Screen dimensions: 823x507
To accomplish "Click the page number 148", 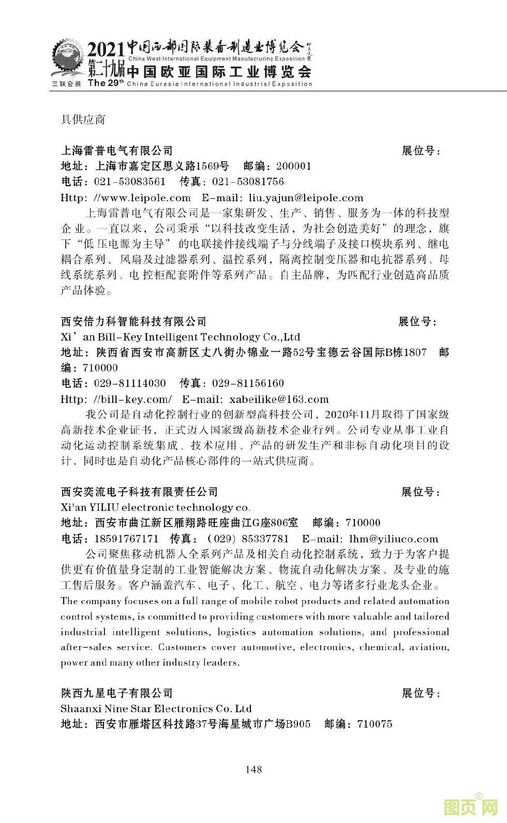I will [253, 769].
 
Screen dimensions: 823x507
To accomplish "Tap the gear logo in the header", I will [67, 61].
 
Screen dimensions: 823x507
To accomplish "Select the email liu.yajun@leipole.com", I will [306, 198].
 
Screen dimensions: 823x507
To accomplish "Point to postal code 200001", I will [294, 166].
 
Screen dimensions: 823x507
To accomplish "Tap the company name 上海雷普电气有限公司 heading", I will [117, 151].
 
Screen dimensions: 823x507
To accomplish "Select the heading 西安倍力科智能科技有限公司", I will [133, 322].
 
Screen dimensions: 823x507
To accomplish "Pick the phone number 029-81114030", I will [130, 383].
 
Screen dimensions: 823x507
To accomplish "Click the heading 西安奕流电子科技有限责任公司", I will [140, 492].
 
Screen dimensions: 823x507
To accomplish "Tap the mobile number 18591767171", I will [126, 538].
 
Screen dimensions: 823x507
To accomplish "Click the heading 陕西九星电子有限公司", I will [117, 693].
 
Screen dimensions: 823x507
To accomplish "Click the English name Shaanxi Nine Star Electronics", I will [156, 709].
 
